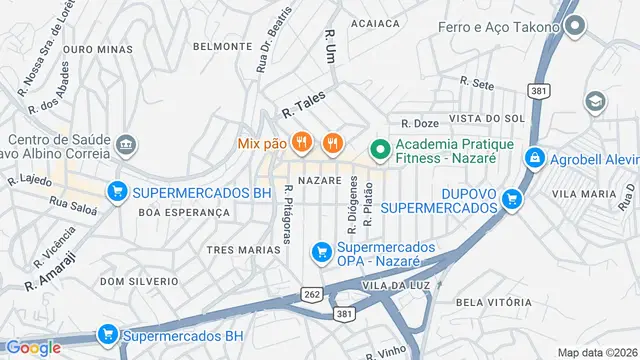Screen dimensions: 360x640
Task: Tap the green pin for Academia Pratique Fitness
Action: (x=380, y=151)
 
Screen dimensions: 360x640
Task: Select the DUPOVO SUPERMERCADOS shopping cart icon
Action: (x=512, y=199)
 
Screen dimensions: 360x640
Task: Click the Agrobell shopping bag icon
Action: (x=536, y=158)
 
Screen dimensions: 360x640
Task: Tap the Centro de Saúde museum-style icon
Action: (x=126, y=145)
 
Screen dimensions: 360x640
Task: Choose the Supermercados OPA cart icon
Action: (x=322, y=251)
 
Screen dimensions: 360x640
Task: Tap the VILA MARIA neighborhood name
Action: (x=583, y=193)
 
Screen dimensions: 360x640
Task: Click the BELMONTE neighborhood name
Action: (x=222, y=46)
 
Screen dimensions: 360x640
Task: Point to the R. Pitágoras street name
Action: (x=288, y=213)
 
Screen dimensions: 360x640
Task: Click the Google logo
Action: (x=33, y=347)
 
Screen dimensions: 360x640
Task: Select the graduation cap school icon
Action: (x=596, y=101)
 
